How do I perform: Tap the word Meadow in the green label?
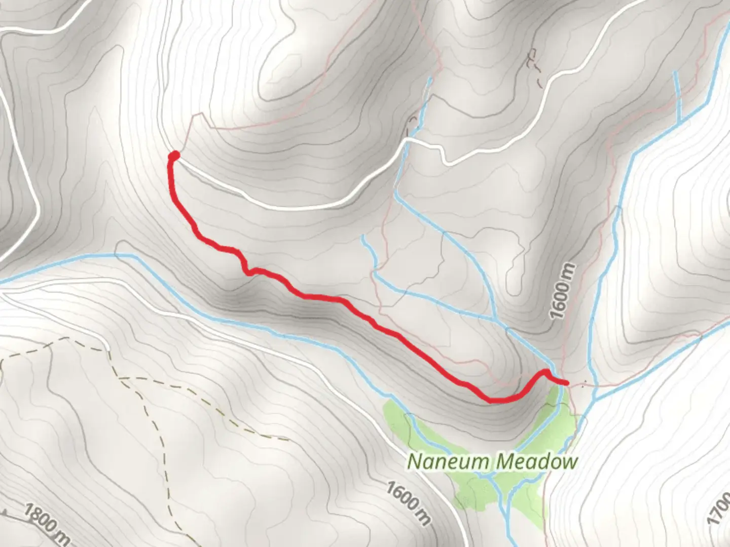(537, 461)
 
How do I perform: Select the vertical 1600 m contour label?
(564, 291)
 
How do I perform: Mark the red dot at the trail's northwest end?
(174, 155)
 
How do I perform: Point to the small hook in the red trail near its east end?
(545, 372)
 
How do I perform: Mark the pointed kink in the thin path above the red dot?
(203, 114)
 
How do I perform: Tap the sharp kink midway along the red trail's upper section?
(248, 272)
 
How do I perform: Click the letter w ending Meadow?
(570, 461)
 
